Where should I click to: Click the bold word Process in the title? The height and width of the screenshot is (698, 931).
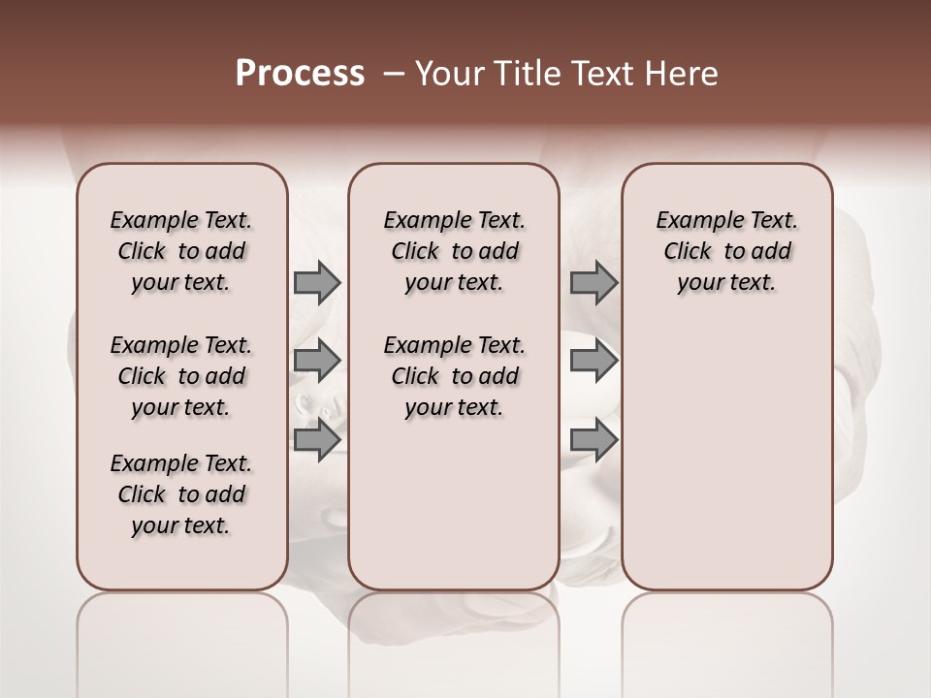pos(300,74)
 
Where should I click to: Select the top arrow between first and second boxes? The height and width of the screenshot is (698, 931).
pos(317,282)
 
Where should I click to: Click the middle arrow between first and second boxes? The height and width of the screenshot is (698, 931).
pos(317,360)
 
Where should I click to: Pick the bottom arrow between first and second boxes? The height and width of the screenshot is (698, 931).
pos(317,439)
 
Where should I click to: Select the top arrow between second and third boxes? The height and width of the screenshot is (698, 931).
pos(594,282)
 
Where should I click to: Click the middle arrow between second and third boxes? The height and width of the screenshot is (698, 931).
pos(594,360)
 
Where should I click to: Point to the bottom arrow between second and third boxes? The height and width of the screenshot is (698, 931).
pos(594,439)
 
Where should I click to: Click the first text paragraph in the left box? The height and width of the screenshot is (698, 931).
pos(181,251)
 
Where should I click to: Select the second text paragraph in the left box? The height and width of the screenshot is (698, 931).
pos(181,376)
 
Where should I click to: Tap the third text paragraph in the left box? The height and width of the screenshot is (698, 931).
pos(181,494)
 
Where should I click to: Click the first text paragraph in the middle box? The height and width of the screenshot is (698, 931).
pos(454,251)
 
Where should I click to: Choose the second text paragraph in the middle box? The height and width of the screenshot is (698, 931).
pos(454,376)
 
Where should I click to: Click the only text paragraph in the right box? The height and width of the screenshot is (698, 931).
pos(726,251)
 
